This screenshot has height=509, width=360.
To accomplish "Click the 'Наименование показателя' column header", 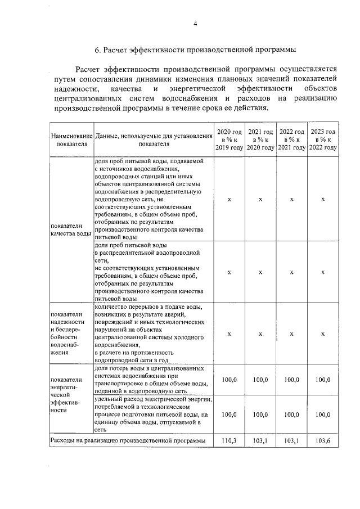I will pos(71,139).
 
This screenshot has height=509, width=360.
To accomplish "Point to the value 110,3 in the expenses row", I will pos(229,440).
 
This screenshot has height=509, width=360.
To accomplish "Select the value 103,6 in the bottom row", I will pos(323,440).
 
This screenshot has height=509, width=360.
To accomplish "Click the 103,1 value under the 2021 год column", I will pos(260,440).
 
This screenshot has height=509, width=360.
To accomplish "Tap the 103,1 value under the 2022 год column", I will pos(291,440).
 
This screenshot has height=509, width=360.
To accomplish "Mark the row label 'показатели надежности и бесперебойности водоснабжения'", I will pos(67,333).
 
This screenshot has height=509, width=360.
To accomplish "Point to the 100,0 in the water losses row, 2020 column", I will pos(229,380).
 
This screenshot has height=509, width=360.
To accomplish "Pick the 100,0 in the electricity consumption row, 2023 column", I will pos(323,414).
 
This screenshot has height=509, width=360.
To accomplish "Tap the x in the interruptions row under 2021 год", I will pos(260,334).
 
